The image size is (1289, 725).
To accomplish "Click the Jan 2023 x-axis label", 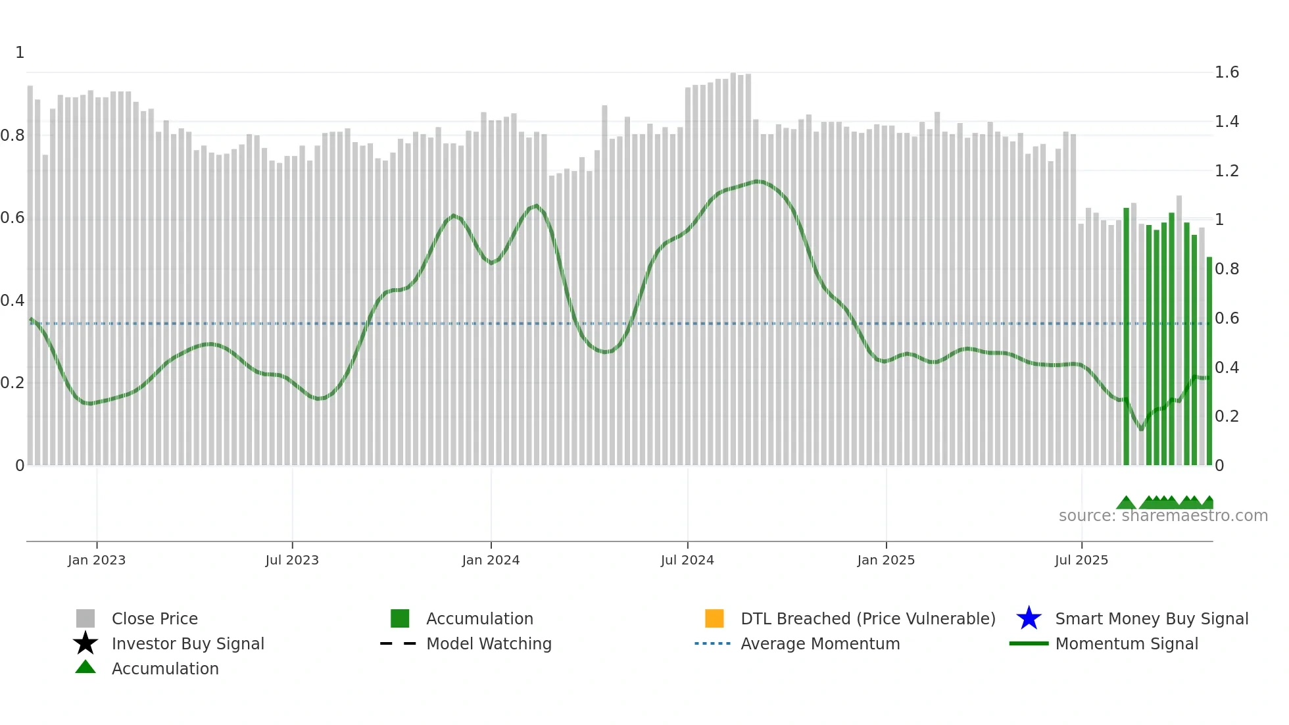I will (97, 560).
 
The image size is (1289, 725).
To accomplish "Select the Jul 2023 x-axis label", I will (292, 560).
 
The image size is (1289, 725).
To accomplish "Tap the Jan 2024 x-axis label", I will (491, 560).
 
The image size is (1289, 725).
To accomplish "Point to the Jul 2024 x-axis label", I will (687, 560).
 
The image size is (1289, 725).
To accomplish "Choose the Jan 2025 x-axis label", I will (886, 560).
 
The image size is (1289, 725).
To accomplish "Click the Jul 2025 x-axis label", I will (1081, 560).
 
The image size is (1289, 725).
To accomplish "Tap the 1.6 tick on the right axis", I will (1227, 72).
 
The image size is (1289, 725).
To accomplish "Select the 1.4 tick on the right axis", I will (1227, 122).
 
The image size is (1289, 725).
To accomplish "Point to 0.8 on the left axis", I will (12, 136).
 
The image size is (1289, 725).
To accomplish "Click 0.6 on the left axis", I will (12, 218).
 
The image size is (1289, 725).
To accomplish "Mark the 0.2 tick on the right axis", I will (1227, 416).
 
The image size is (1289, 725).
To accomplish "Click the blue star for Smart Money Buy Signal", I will (1029, 618).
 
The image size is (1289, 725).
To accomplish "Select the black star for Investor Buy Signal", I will (85, 643).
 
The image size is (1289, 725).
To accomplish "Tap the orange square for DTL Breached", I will (714, 618).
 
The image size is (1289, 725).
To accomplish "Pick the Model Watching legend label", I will (489, 643).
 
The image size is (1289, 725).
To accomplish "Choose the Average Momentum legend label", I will (820, 643).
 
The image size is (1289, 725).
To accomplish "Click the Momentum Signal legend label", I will (1127, 643).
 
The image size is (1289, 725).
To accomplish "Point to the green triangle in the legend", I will (85, 667).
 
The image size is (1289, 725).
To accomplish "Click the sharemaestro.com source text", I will (1163, 516).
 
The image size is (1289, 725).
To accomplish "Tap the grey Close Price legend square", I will (85, 618).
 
